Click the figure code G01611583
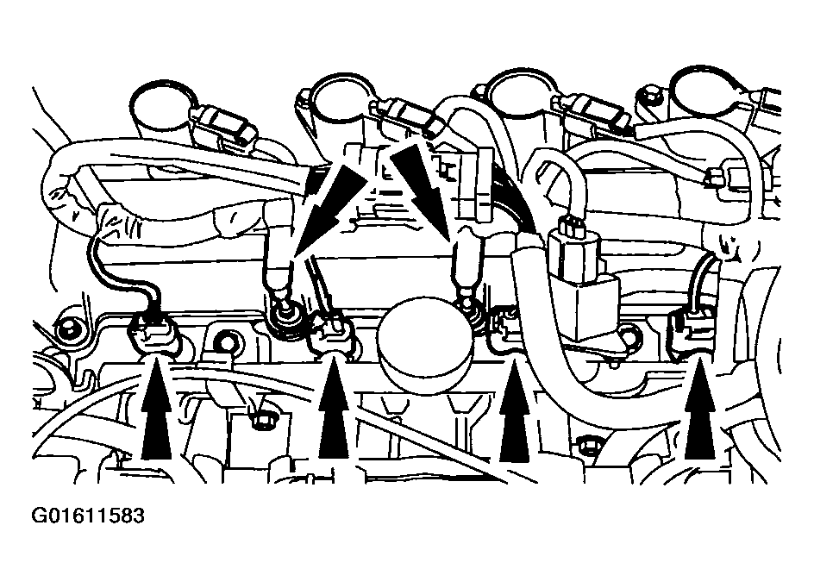pyautogui.click(x=88, y=516)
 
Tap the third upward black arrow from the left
pyautogui.click(x=514, y=410)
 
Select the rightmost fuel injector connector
pyautogui.click(x=692, y=332)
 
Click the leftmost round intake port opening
pyautogui.click(x=164, y=106)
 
